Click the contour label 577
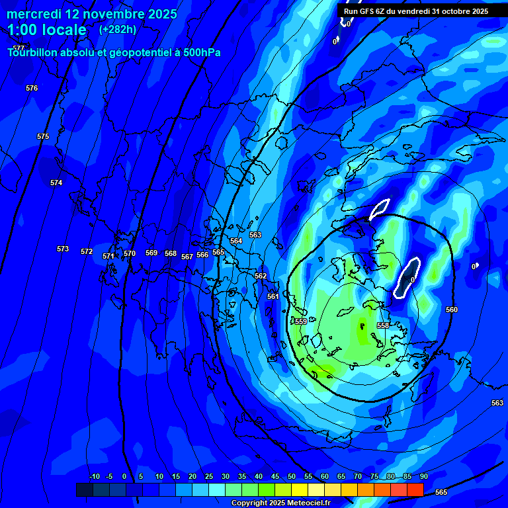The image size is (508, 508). click(x=19, y=48)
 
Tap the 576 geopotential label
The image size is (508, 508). click(x=32, y=88)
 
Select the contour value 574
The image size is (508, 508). click(x=56, y=183)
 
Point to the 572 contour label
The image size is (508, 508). click(x=87, y=252)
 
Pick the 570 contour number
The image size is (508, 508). click(x=130, y=253)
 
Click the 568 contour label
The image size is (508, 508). click(x=171, y=253)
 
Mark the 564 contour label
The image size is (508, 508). click(x=236, y=241)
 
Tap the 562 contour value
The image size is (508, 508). click(x=261, y=276)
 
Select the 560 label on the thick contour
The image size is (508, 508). click(x=452, y=310)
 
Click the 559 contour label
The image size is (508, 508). click(x=301, y=321)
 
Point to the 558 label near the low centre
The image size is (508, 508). click(x=383, y=325)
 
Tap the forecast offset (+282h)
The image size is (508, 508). click(x=118, y=30)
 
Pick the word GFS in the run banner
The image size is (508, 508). click(x=368, y=11)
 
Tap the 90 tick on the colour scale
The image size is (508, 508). click(x=423, y=477)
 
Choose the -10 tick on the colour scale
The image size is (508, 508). click(x=95, y=477)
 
